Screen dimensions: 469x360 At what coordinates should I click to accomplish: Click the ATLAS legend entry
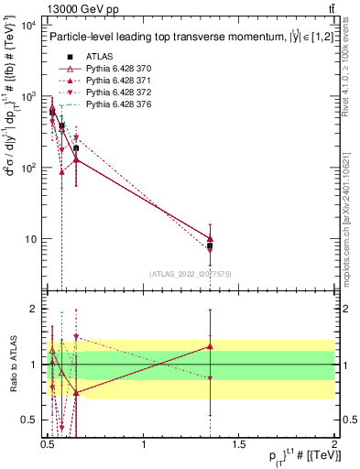pos(98,56)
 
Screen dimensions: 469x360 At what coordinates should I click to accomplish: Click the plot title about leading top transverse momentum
pos(183,38)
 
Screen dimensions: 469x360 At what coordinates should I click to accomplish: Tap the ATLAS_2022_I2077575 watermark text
pos(189,273)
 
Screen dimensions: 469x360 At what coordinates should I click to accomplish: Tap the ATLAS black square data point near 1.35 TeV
pos(211,245)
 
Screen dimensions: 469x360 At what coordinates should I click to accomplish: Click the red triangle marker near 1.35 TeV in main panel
pos(211,238)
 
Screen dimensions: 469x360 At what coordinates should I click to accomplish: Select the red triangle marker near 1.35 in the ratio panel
pos(211,346)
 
